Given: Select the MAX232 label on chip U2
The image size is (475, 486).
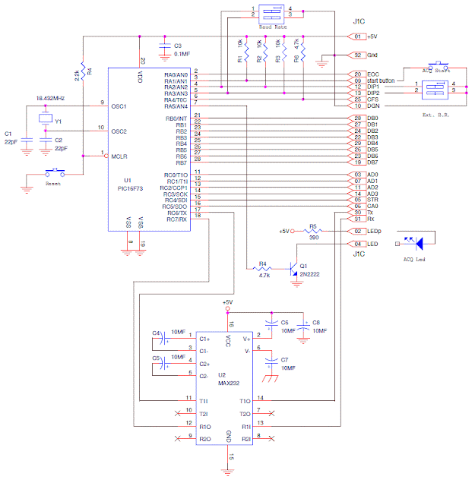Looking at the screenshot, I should [x=225, y=382].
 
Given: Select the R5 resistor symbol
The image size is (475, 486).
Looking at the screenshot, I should [x=312, y=231].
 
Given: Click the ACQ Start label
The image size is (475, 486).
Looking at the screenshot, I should [x=437, y=71].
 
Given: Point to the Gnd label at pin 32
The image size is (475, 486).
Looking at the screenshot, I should [x=373, y=55].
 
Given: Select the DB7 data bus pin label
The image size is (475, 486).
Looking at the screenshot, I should [x=372, y=163].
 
